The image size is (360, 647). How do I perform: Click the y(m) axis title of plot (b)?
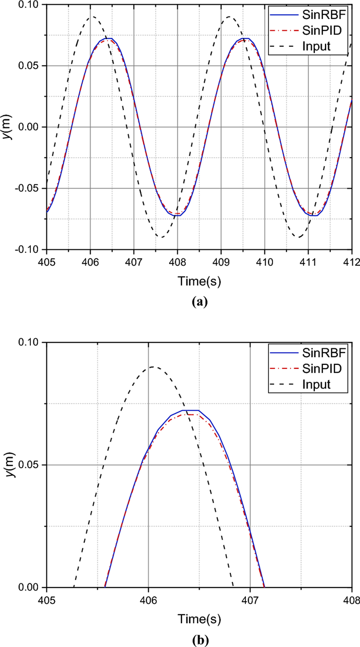point(9,465)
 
